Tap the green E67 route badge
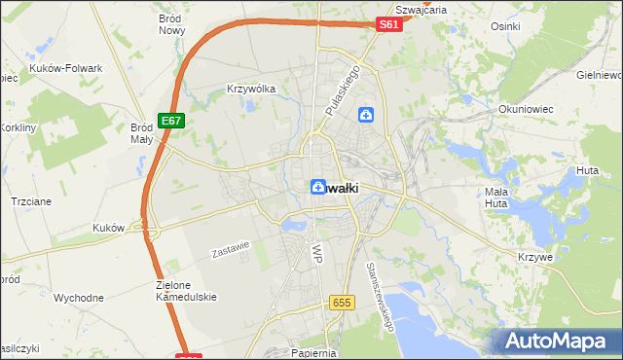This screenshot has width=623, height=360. pyautogui.click(x=171, y=120)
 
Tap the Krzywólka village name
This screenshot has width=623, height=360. pyautogui.click(x=251, y=88)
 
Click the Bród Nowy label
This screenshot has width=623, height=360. pyautogui.click(x=172, y=24)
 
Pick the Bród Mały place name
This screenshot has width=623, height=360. pyautogui.click(x=142, y=133)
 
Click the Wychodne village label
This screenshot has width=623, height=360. pyautogui.click(x=79, y=298)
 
